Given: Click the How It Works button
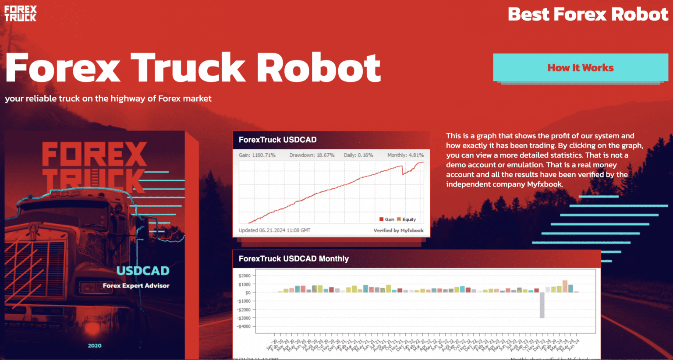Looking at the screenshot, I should coord(580,68).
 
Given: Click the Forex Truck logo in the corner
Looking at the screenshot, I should coord(21,14).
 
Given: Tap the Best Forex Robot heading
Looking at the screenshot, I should coord(588,14).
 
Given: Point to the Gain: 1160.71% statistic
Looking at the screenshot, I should coord(257,155).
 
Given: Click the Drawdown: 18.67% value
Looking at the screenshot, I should coord(312,155).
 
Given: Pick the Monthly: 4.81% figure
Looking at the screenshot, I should coord(405,155).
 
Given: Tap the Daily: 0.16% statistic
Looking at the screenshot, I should coord(358,155).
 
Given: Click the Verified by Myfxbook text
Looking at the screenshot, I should coord(398,230).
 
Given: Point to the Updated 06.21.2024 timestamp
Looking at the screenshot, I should coord(274,230).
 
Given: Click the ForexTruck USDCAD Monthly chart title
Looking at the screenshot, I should coord(294,259).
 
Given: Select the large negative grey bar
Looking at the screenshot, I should coord(542,305).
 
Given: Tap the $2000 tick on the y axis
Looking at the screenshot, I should coord(244,276).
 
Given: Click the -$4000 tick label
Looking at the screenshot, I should coord(244,327).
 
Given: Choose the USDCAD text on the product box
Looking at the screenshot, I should coord(143,271).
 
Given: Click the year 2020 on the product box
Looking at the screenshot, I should coord(95,346).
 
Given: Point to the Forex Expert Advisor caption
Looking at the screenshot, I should coord(136,286).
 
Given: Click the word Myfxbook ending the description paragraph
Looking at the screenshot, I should coord(545,184).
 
